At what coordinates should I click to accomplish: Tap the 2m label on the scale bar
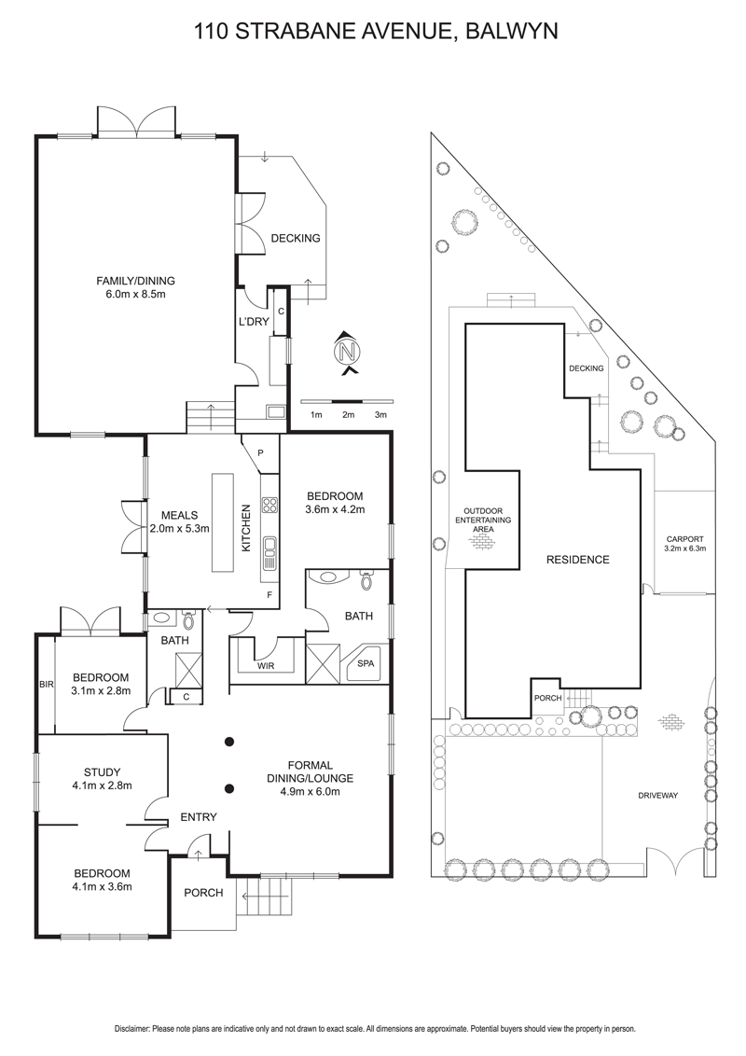(x=348, y=414)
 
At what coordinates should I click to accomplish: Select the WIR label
(x=266, y=666)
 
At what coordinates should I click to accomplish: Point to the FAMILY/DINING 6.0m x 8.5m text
(x=136, y=286)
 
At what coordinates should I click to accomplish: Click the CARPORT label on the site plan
(x=684, y=543)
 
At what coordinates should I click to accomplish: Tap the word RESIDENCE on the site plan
(x=578, y=560)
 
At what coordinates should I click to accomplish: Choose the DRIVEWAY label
(x=657, y=796)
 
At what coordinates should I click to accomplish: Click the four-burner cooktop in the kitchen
(x=269, y=506)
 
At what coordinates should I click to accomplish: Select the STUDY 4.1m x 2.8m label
(x=102, y=778)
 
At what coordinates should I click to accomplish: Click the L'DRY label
(x=254, y=322)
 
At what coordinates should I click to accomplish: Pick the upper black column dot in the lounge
(x=229, y=743)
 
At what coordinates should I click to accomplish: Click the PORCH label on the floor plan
(x=203, y=893)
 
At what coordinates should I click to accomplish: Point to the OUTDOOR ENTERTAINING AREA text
(x=483, y=521)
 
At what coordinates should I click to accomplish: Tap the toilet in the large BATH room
(x=366, y=580)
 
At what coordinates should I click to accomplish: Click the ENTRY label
(x=199, y=817)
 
